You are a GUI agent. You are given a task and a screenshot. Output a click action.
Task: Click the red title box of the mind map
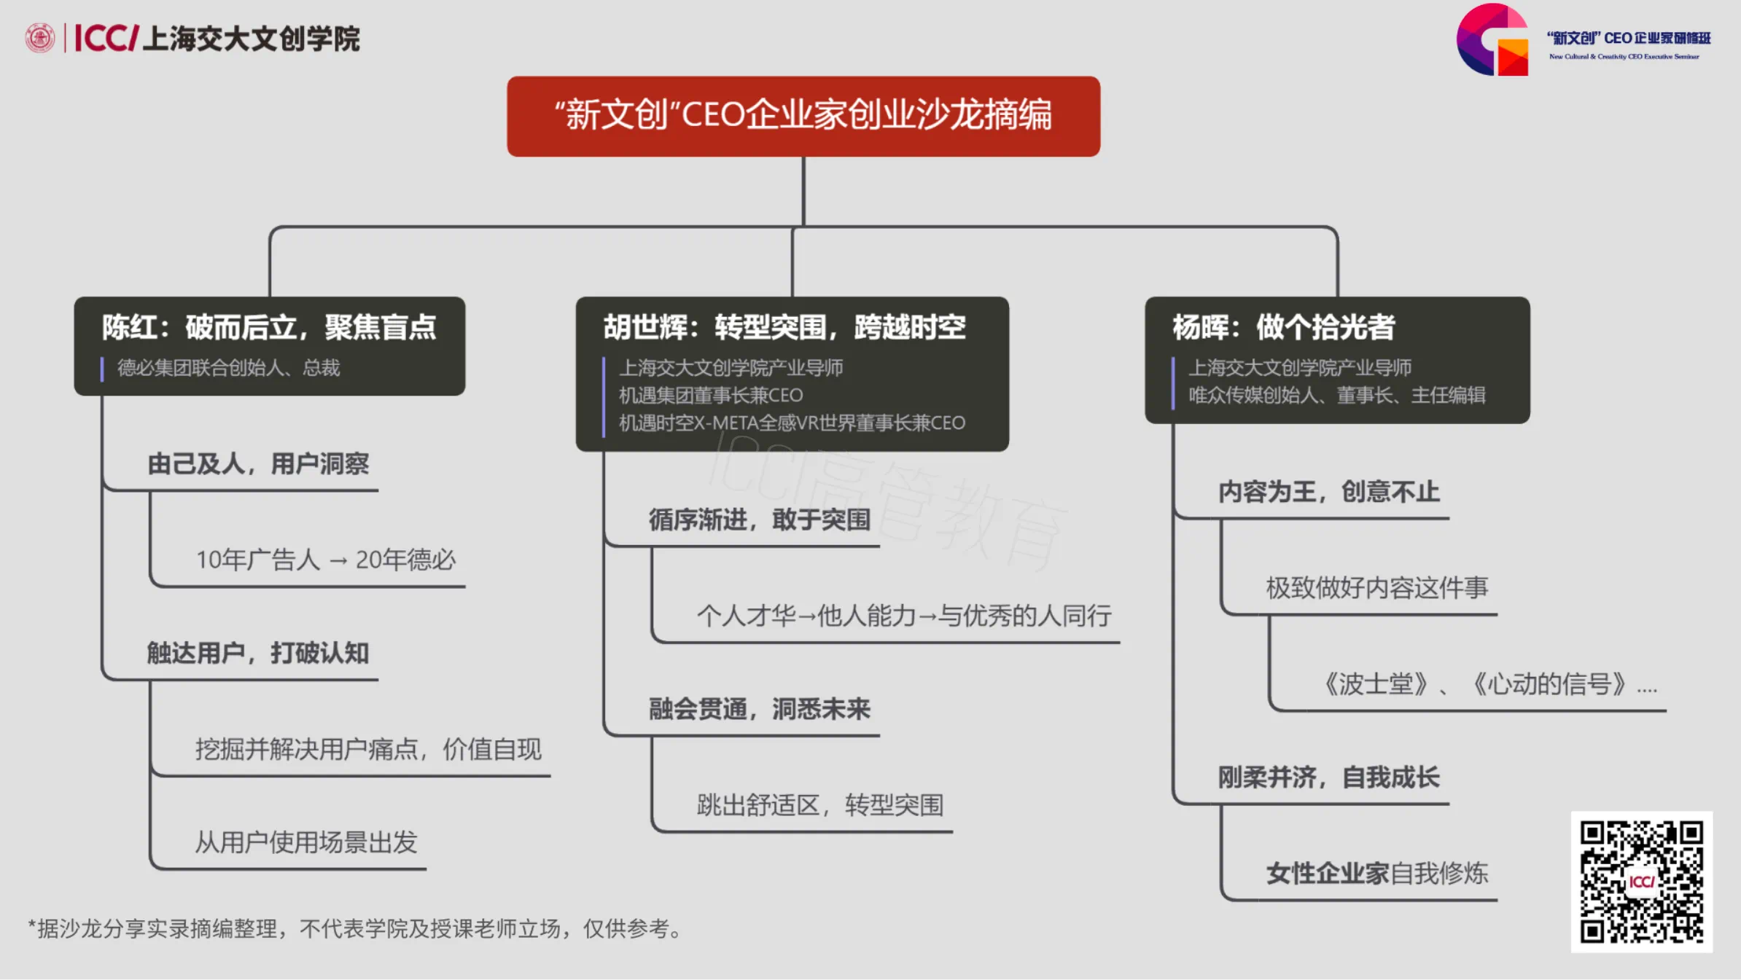(803, 116)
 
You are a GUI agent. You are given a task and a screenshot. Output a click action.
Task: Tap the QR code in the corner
(1641, 882)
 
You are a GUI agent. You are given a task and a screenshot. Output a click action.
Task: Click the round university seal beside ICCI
(40, 38)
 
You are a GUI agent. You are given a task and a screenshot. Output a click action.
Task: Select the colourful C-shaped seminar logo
(1492, 40)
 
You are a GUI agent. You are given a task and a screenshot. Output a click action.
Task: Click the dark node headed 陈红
(269, 345)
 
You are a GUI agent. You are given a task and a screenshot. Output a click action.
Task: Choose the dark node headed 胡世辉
(792, 373)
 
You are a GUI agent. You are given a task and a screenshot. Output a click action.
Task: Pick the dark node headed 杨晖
(1336, 359)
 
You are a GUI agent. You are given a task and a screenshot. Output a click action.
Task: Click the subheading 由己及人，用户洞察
(258, 464)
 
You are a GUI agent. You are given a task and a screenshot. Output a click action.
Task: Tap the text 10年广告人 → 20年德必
(325, 560)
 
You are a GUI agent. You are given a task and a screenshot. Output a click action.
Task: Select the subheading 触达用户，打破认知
(258, 653)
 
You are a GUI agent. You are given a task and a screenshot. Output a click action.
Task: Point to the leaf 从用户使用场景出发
(305, 842)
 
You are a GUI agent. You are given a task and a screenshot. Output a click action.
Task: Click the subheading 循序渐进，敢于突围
(759, 520)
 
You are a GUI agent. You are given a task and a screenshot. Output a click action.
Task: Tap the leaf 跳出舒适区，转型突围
(819, 805)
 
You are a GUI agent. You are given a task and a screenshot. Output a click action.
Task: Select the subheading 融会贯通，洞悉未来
(759, 709)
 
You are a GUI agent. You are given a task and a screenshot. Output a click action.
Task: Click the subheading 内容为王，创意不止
(1328, 492)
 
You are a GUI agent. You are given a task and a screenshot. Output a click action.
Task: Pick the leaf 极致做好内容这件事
(1376, 587)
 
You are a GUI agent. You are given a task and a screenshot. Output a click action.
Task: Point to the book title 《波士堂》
(1375, 684)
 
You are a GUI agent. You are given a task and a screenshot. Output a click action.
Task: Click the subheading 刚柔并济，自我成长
(1328, 777)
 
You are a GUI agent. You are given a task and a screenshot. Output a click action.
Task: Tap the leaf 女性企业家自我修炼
(1376, 873)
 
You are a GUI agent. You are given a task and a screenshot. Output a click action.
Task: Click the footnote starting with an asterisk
(356, 929)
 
